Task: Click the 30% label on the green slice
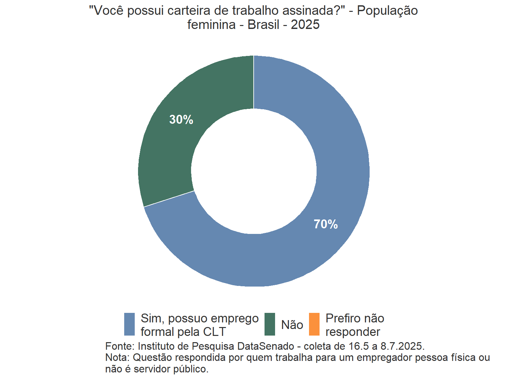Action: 181,119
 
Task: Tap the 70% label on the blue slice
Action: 325,224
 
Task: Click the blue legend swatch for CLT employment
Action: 129,324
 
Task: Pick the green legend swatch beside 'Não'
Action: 270,324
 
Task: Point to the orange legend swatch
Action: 314,324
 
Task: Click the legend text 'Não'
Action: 292,325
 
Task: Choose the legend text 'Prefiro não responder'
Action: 354,325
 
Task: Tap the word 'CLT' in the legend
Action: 214,332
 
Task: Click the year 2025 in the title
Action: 305,25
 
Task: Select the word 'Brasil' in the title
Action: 263,25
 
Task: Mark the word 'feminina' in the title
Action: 211,25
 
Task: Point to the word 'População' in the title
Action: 387,11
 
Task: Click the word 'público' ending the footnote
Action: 192,369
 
